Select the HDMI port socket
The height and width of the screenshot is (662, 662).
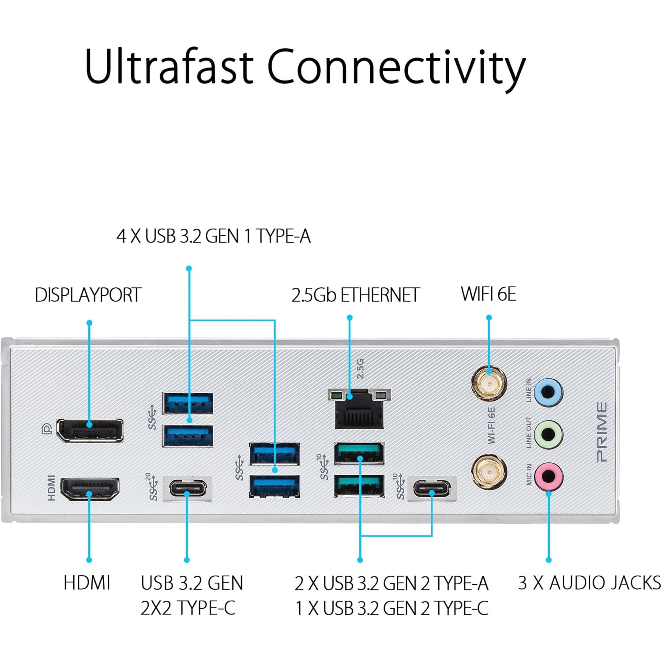click(x=90, y=488)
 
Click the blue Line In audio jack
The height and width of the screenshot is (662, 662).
click(x=549, y=392)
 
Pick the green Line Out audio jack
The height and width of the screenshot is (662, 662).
click(x=549, y=434)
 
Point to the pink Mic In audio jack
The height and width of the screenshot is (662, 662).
click(x=549, y=476)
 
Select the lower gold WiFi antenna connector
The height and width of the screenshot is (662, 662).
click(x=489, y=471)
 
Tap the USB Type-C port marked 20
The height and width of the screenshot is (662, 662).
click(x=188, y=489)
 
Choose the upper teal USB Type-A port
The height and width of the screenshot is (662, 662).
click(x=359, y=454)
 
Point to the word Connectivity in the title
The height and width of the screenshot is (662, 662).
click(x=396, y=67)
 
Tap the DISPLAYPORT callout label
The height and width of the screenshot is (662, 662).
click(x=88, y=295)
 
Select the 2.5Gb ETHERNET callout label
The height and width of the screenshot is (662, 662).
click(x=355, y=295)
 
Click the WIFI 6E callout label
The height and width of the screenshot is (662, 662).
click(x=488, y=294)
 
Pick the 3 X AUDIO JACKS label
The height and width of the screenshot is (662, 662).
click(x=589, y=583)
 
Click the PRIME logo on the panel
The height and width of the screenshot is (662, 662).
click(x=602, y=432)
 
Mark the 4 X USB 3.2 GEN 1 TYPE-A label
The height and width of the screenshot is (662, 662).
click(x=214, y=236)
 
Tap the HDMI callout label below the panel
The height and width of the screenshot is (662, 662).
click(x=87, y=583)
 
